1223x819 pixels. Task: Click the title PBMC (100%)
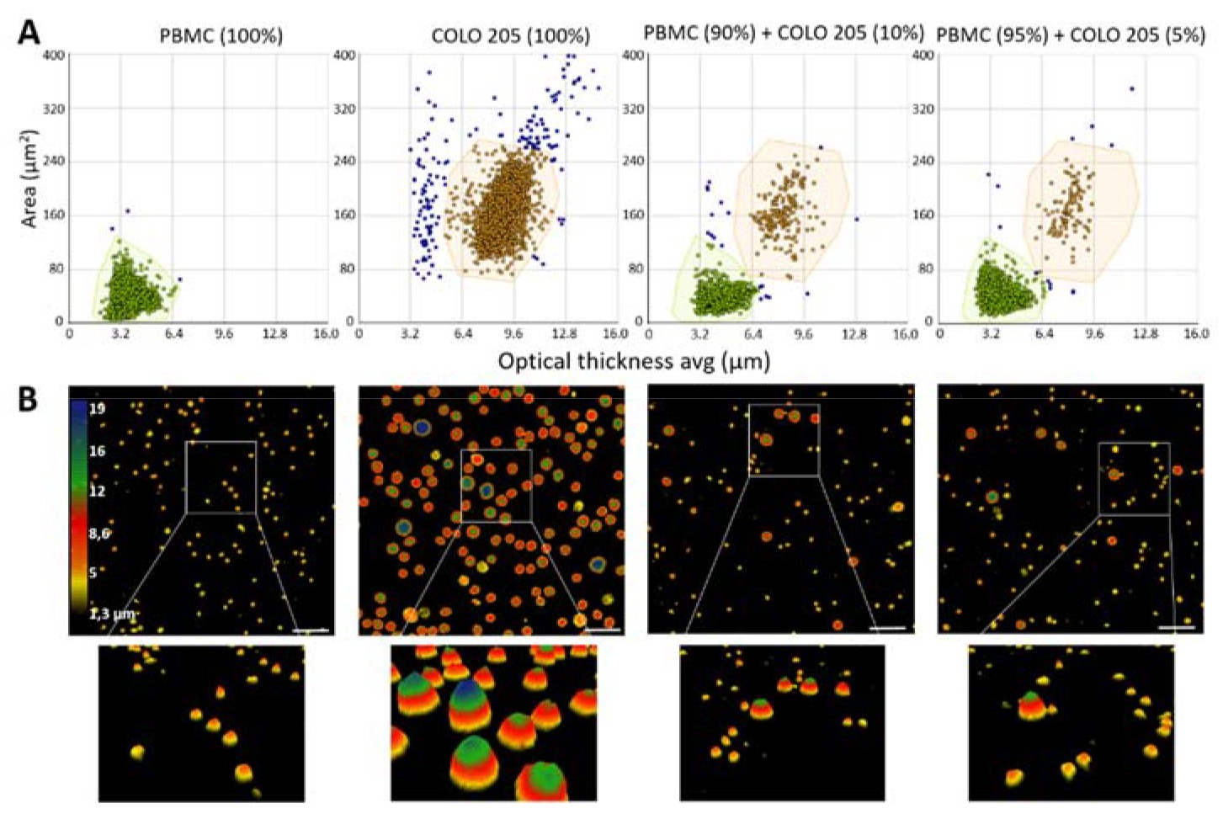coord(221,35)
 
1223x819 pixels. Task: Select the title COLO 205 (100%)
coord(510,35)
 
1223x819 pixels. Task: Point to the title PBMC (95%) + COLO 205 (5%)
coord(1071,35)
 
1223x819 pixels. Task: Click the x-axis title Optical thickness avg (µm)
coord(634,361)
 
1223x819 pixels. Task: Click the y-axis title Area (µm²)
coord(30,178)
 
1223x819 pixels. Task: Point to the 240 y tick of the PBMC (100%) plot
coord(54,161)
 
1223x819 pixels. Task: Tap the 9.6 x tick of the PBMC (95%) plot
coord(1093,334)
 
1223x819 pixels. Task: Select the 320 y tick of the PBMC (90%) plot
coord(633,109)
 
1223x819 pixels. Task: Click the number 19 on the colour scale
coord(96,408)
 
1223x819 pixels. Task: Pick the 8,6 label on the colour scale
coord(99,533)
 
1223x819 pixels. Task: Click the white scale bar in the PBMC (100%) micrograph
coord(311,629)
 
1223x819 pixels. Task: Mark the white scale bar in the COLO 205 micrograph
coord(601,629)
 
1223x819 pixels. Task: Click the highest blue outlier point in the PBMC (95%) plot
coord(1132,88)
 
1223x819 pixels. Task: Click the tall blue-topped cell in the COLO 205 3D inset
coord(466,699)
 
